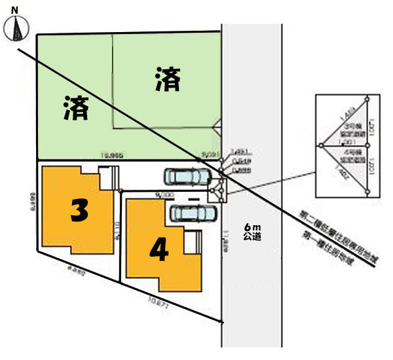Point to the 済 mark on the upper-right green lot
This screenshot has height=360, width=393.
(168, 80)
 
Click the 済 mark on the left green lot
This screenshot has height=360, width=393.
(76, 108)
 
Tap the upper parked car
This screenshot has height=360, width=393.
(186, 177)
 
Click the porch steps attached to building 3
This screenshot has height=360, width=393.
(107, 176)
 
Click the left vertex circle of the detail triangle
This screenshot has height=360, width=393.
(321, 145)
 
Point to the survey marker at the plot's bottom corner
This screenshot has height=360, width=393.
(221, 321)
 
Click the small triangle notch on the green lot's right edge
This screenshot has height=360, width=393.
(219, 124)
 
